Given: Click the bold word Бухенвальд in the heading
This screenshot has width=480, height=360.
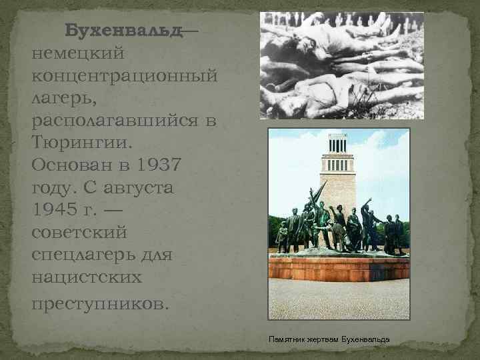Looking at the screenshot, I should (123, 31).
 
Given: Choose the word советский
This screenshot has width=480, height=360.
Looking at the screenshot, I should (79, 233).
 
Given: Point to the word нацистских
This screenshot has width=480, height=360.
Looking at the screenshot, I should (84, 279).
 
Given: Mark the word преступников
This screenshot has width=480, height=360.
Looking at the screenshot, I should (100, 303).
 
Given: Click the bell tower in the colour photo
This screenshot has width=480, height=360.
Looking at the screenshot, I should (338, 170).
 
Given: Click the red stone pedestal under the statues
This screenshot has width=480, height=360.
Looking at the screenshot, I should (338, 267).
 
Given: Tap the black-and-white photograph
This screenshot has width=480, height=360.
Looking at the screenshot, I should (341, 65).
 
